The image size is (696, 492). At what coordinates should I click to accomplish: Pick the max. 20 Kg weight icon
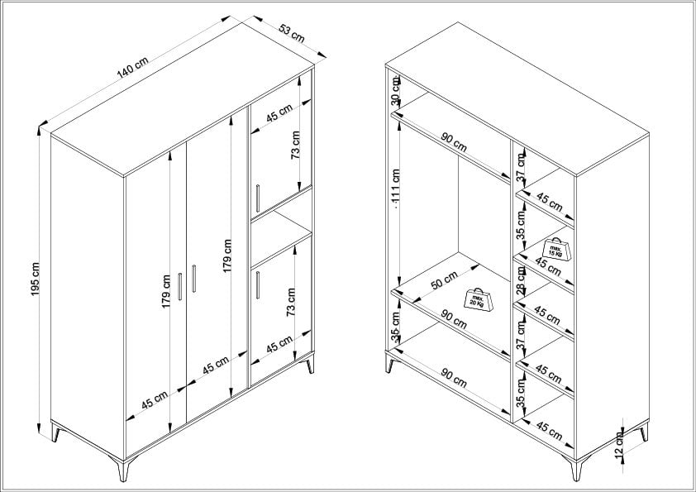coord(479,299)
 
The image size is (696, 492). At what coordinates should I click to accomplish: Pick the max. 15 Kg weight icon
coord(555,248)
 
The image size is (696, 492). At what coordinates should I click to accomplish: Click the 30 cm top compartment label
coord(396,99)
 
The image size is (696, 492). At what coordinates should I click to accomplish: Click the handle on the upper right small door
coord(259,197)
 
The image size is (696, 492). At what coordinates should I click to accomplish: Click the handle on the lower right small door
coord(259,284)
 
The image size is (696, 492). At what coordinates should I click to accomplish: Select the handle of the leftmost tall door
coord(180,286)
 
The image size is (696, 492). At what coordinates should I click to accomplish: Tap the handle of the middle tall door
coord(193,278)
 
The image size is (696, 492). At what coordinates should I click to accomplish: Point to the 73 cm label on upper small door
coord(295,147)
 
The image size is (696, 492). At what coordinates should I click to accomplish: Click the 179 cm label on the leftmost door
coord(166,292)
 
